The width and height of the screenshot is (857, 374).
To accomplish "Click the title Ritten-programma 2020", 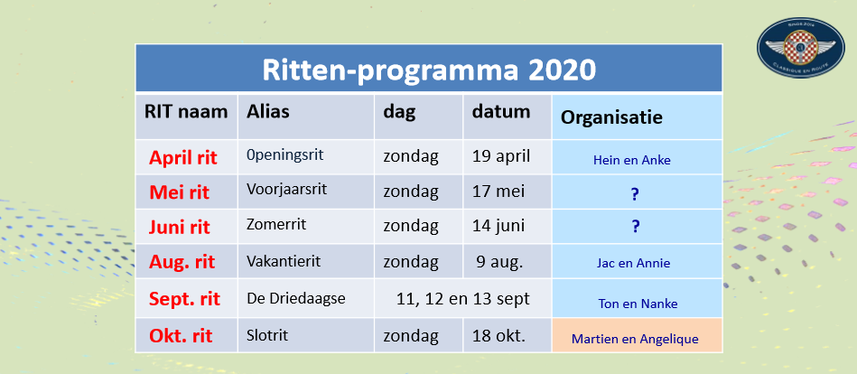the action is point(428,70).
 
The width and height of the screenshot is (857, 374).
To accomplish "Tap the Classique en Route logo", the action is point(800,48).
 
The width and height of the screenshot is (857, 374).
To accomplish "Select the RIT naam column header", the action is point(186,112).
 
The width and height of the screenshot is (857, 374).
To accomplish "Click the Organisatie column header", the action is point(611,117).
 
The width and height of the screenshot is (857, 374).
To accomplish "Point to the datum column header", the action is point(501,111).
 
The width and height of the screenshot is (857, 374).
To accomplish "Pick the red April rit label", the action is point(183,158).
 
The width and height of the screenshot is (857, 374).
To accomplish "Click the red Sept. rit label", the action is point(185,299).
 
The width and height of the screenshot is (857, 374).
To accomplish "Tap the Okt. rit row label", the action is point(181,335).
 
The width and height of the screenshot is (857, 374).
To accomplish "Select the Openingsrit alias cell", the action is point(285,155).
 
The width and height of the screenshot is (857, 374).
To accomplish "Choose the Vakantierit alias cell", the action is point(284,261).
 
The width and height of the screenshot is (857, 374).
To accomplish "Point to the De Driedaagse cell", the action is point(296,299).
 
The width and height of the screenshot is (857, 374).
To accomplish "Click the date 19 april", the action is point(501,156).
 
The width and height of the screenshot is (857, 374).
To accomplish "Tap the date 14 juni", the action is point(499,225).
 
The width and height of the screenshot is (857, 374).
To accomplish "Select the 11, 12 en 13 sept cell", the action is point(463,299).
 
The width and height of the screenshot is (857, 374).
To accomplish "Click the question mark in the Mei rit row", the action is point(635,194).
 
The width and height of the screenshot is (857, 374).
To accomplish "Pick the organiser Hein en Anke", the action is point(632,161).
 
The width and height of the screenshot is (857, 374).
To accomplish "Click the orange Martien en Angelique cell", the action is point(638,335).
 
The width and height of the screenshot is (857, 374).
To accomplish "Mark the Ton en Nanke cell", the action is point(638,298).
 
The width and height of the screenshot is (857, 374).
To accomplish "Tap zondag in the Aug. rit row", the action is point(411,262).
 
